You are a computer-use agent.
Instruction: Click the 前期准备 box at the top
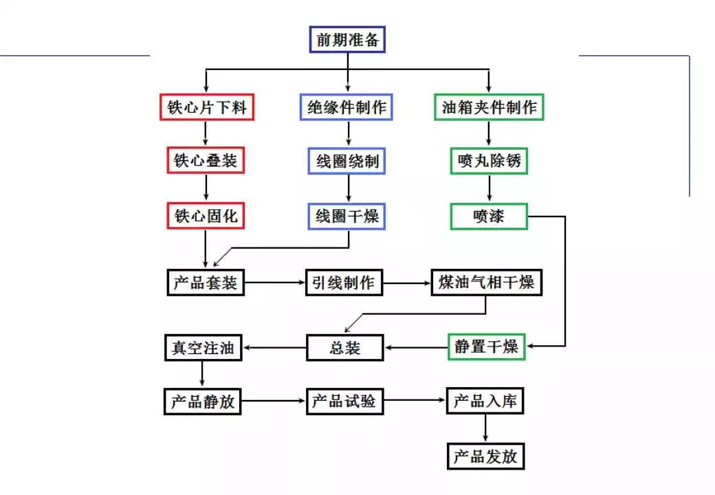coord(347,39)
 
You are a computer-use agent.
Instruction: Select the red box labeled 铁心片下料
coord(207,107)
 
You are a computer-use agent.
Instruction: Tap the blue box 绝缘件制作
coord(346,107)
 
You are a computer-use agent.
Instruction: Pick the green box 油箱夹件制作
coord(489,107)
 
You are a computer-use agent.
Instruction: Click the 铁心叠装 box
coord(206,161)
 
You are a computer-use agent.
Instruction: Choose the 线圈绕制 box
coord(348,162)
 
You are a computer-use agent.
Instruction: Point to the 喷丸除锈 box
coord(489,162)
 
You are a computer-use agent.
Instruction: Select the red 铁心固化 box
coord(206,216)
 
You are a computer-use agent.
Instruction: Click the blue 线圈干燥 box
coord(347,216)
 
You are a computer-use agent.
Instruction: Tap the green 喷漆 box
coord(488,216)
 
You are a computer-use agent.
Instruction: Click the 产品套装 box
coord(206,283)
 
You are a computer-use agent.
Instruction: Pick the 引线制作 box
coord(344,283)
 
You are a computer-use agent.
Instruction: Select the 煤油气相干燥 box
coord(487,283)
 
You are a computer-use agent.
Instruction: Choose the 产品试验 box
coord(344,401)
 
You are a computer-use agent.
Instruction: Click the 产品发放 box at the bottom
coord(485,456)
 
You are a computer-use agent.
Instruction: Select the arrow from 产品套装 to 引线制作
coord(275,283)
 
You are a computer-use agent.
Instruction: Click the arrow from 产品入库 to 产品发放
coord(485,428)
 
